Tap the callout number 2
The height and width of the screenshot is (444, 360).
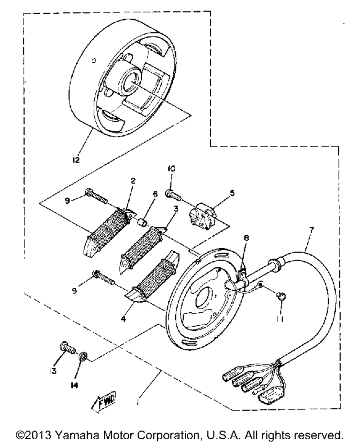(x=133, y=181)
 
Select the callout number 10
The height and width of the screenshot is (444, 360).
(x=171, y=168)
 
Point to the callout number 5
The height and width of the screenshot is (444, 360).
(x=232, y=193)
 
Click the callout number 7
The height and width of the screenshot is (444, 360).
(x=311, y=230)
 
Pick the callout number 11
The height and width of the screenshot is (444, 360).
(x=280, y=319)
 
